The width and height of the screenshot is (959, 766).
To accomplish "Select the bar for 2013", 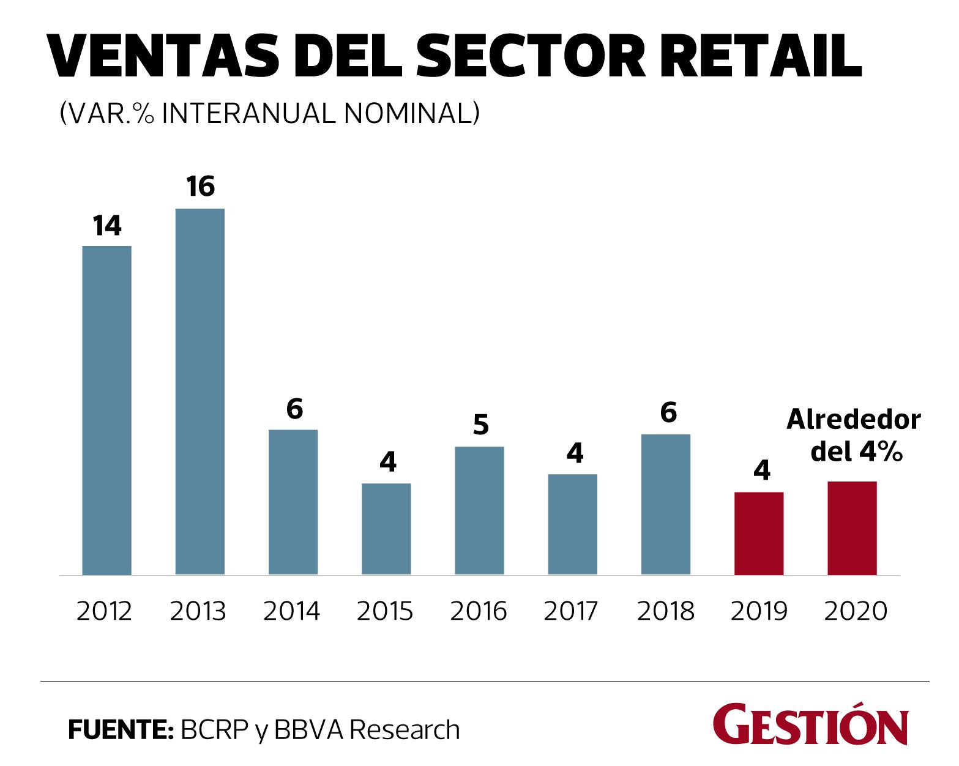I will (x=200, y=392).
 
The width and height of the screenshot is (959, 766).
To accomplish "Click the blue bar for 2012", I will (x=106, y=410).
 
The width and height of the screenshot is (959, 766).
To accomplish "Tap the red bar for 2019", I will (x=759, y=534).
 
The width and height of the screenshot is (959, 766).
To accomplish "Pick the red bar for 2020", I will (x=852, y=528).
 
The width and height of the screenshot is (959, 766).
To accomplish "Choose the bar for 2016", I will (x=479, y=511).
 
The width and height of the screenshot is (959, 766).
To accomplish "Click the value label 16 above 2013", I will (x=201, y=187).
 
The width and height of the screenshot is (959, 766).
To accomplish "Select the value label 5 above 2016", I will (x=481, y=425).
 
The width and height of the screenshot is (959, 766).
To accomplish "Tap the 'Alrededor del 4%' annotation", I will (x=854, y=436).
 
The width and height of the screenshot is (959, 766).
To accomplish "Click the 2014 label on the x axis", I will (x=292, y=611).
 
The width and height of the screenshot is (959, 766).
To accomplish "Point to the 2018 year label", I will (x=666, y=611).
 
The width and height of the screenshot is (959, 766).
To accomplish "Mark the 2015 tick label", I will (x=386, y=611).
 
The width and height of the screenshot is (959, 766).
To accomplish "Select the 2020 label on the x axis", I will (x=855, y=611).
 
